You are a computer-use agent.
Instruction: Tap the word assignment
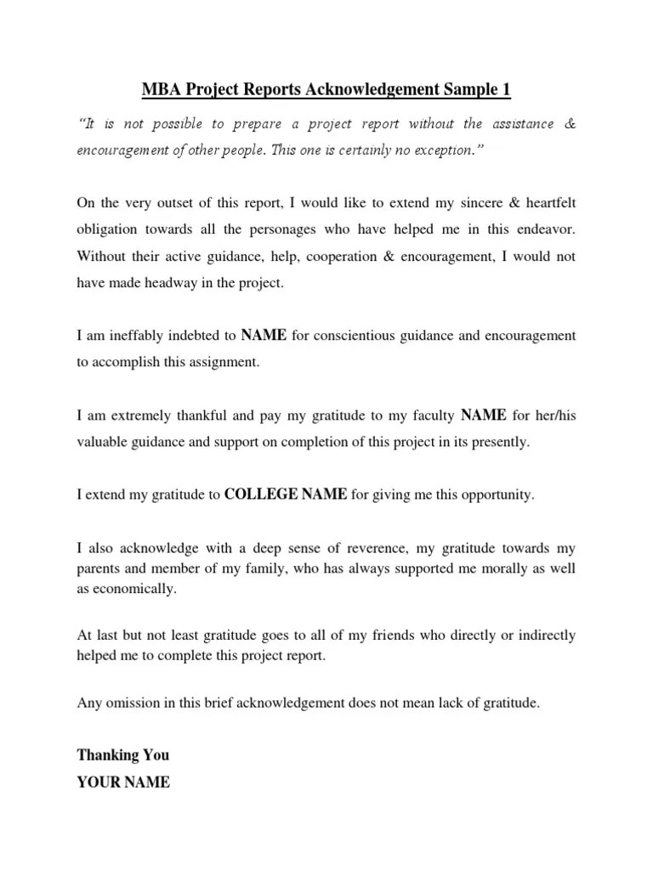tap(224, 363)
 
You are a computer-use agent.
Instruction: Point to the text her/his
tap(555, 415)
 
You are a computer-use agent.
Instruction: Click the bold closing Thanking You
tap(122, 755)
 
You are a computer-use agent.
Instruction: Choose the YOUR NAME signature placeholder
tap(123, 782)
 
